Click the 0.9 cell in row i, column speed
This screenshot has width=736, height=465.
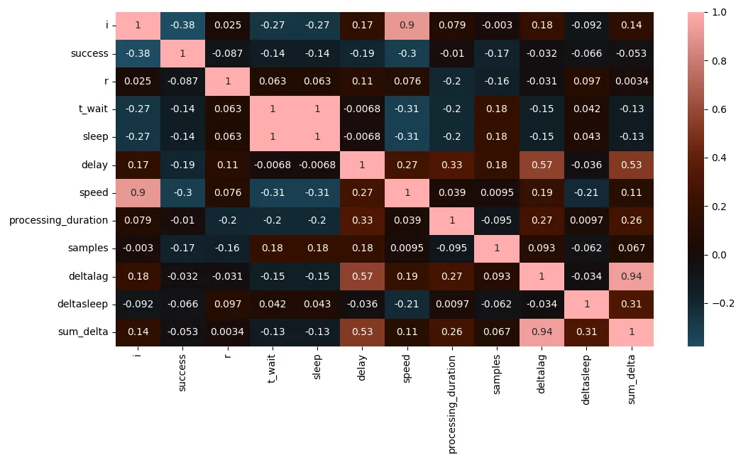coord(407,26)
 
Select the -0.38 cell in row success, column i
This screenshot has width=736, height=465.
coord(137,53)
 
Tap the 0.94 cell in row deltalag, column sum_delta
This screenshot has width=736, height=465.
coord(632,276)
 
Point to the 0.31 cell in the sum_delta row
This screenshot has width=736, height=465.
coord(586,332)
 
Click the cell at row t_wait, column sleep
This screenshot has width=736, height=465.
coord(317,109)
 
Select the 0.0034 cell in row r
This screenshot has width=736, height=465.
coord(632,81)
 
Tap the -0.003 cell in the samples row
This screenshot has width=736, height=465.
coord(497,248)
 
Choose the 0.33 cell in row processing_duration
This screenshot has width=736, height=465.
coord(362,220)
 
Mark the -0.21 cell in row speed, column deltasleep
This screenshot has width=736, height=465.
coord(586,192)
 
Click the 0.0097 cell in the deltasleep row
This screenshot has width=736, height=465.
coord(451,304)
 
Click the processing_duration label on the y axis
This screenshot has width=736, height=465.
coord(58,220)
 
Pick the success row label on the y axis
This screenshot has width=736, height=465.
coord(89,53)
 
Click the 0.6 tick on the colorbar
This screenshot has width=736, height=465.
coord(718,109)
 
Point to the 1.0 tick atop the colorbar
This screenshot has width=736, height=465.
coord(718,12)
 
